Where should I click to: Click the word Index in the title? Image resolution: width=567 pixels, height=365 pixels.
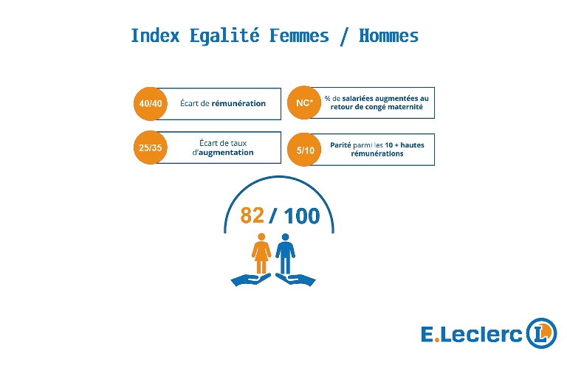[156, 35]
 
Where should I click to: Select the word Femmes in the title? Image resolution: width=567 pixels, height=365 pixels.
[299, 35]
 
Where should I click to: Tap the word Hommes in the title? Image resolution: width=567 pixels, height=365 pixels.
[389, 35]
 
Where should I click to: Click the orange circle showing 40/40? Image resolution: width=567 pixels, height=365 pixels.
[151, 104]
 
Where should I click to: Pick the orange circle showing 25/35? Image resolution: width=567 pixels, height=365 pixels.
[151, 147]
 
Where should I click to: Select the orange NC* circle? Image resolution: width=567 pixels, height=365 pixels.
[304, 102]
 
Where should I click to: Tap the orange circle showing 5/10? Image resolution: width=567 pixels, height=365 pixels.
[304, 150]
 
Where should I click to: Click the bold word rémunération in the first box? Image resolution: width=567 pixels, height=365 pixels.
[238, 104]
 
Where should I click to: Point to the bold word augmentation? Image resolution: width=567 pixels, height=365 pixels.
[227, 153]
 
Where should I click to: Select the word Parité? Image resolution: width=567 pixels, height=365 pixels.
[340, 145]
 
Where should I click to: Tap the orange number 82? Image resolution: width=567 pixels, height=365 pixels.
[252, 215]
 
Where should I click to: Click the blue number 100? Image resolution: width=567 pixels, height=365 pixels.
[302, 216]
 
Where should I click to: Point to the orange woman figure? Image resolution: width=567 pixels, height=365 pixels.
[261, 254]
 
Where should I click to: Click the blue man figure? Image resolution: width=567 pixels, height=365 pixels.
[285, 254]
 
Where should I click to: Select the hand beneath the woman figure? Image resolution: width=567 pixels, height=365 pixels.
[250, 279]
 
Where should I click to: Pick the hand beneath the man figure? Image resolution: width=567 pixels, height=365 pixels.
[295, 279]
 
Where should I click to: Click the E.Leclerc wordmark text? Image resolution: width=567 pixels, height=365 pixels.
[472, 334]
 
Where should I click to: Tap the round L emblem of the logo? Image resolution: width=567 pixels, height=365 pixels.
[541, 333]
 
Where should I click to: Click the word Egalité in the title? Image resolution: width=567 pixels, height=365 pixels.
[225, 35]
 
